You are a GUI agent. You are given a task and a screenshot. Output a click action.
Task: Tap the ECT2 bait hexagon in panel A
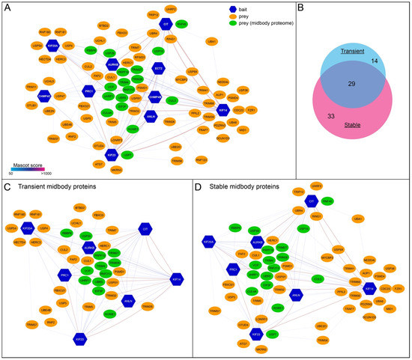158,68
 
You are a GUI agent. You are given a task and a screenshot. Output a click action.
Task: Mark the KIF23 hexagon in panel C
79,338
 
